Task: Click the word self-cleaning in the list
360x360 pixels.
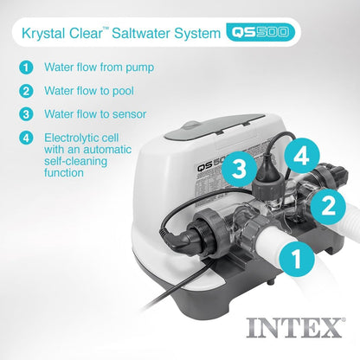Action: coord(77,160)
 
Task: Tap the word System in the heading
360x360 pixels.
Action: coord(205,34)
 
